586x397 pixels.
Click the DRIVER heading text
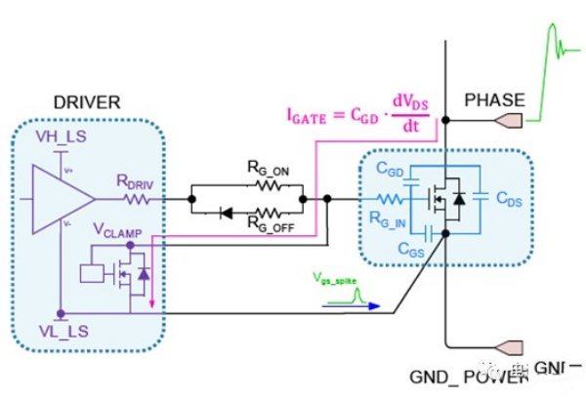coord(61,101)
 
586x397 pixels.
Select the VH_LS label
coord(60,134)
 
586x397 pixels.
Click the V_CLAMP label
coord(117,230)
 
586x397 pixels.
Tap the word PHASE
coord(494,99)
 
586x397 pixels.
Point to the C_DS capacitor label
coord(509,200)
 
